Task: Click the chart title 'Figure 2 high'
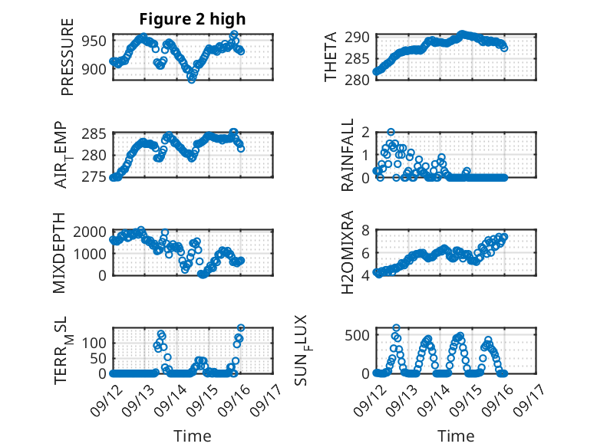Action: pyautogui.click(x=193, y=19)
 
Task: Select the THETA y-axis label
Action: pyautogui.click(x=330, y=58)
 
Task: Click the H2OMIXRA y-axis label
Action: pyautogui.click(x=347, y=253)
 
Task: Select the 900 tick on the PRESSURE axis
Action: pyautogui.click(x=97, y=70)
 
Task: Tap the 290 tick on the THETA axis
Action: pyautogui.click(x=360, y=37)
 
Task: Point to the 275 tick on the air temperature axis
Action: pyautogui.click(x=97, y=177)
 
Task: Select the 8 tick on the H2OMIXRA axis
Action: pyautogui.click(x=366, y=231)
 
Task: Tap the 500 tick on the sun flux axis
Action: pyautogui.click(x=360, y=334)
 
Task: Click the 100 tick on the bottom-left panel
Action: pyautogui.click(x=97, y=343)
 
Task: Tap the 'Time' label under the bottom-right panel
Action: pyautogui.click(x=456, y=436)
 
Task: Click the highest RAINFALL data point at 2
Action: pyautogui.click(x=391, y=133)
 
